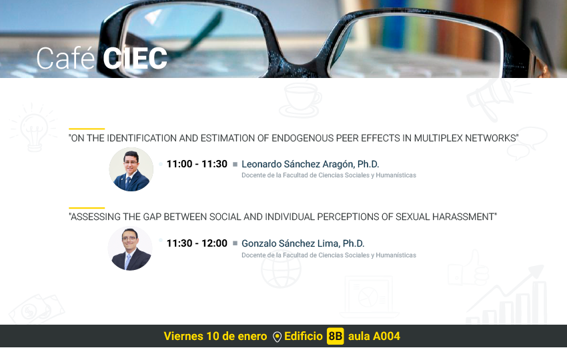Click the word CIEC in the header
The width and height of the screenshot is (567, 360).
(135, 59)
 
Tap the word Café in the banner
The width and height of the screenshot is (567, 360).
(65, 58)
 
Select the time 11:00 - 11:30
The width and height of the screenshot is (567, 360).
(197, 164)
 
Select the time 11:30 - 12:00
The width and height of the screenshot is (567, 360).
(197, 243)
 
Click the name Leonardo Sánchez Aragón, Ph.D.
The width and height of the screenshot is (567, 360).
(310, 165)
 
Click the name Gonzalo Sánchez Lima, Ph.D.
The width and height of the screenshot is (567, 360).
(303, 243)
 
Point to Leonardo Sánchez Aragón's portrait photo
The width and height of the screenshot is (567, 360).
(131, 169)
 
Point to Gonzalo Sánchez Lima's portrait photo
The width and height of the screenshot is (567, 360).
(130, 248)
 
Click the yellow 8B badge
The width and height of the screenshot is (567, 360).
(336, 336)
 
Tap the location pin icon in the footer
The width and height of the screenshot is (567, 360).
(277, 337)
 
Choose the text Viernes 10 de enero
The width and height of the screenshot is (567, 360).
(215, 336)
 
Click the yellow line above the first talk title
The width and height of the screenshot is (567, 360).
(87, 129)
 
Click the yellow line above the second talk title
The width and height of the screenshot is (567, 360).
(87, 208)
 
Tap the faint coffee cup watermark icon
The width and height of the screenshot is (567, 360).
(300, 101)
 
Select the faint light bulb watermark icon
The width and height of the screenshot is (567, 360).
(33, 127)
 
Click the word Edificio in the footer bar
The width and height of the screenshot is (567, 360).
(304, 336)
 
